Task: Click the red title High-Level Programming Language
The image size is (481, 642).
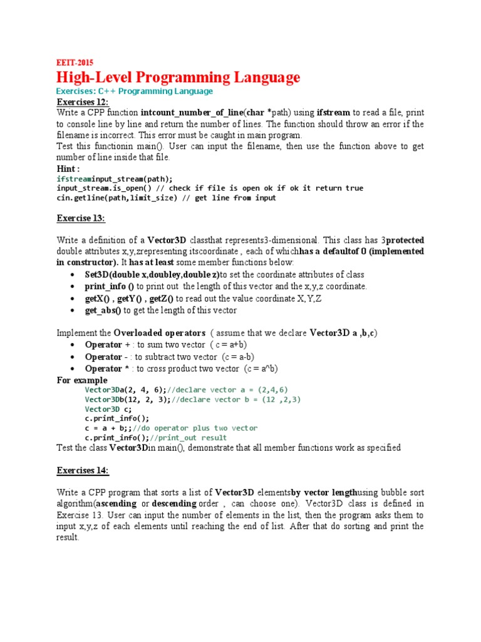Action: pos(178,78)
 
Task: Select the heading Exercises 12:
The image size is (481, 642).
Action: pos(83,102)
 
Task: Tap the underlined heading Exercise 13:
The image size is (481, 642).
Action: pos(81,218)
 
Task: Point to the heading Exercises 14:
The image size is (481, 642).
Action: pos(83,470)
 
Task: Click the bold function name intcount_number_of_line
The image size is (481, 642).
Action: pos(191,113)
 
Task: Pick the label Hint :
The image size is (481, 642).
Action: pos(68,169)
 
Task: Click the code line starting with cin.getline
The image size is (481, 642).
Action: pos(165,197)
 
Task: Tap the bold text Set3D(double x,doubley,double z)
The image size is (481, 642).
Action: pos(152,275)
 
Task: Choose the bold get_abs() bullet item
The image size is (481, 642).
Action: pos(103,310)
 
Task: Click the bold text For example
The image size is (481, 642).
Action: pos(81,380)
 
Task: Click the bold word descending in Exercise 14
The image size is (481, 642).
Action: pos(178,503)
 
